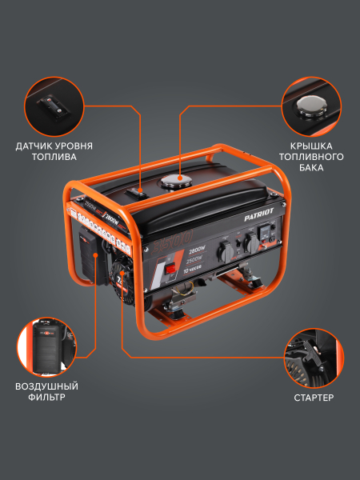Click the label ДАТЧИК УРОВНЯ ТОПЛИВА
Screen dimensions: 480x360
54,151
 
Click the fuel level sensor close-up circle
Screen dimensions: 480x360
52,106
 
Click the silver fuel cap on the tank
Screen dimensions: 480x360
176,182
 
